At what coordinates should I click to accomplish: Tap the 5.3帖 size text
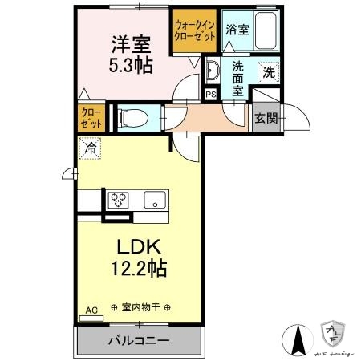point(126,62)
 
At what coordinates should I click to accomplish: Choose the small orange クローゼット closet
point(91,119)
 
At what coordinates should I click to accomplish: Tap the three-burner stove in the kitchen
point(120,200)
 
